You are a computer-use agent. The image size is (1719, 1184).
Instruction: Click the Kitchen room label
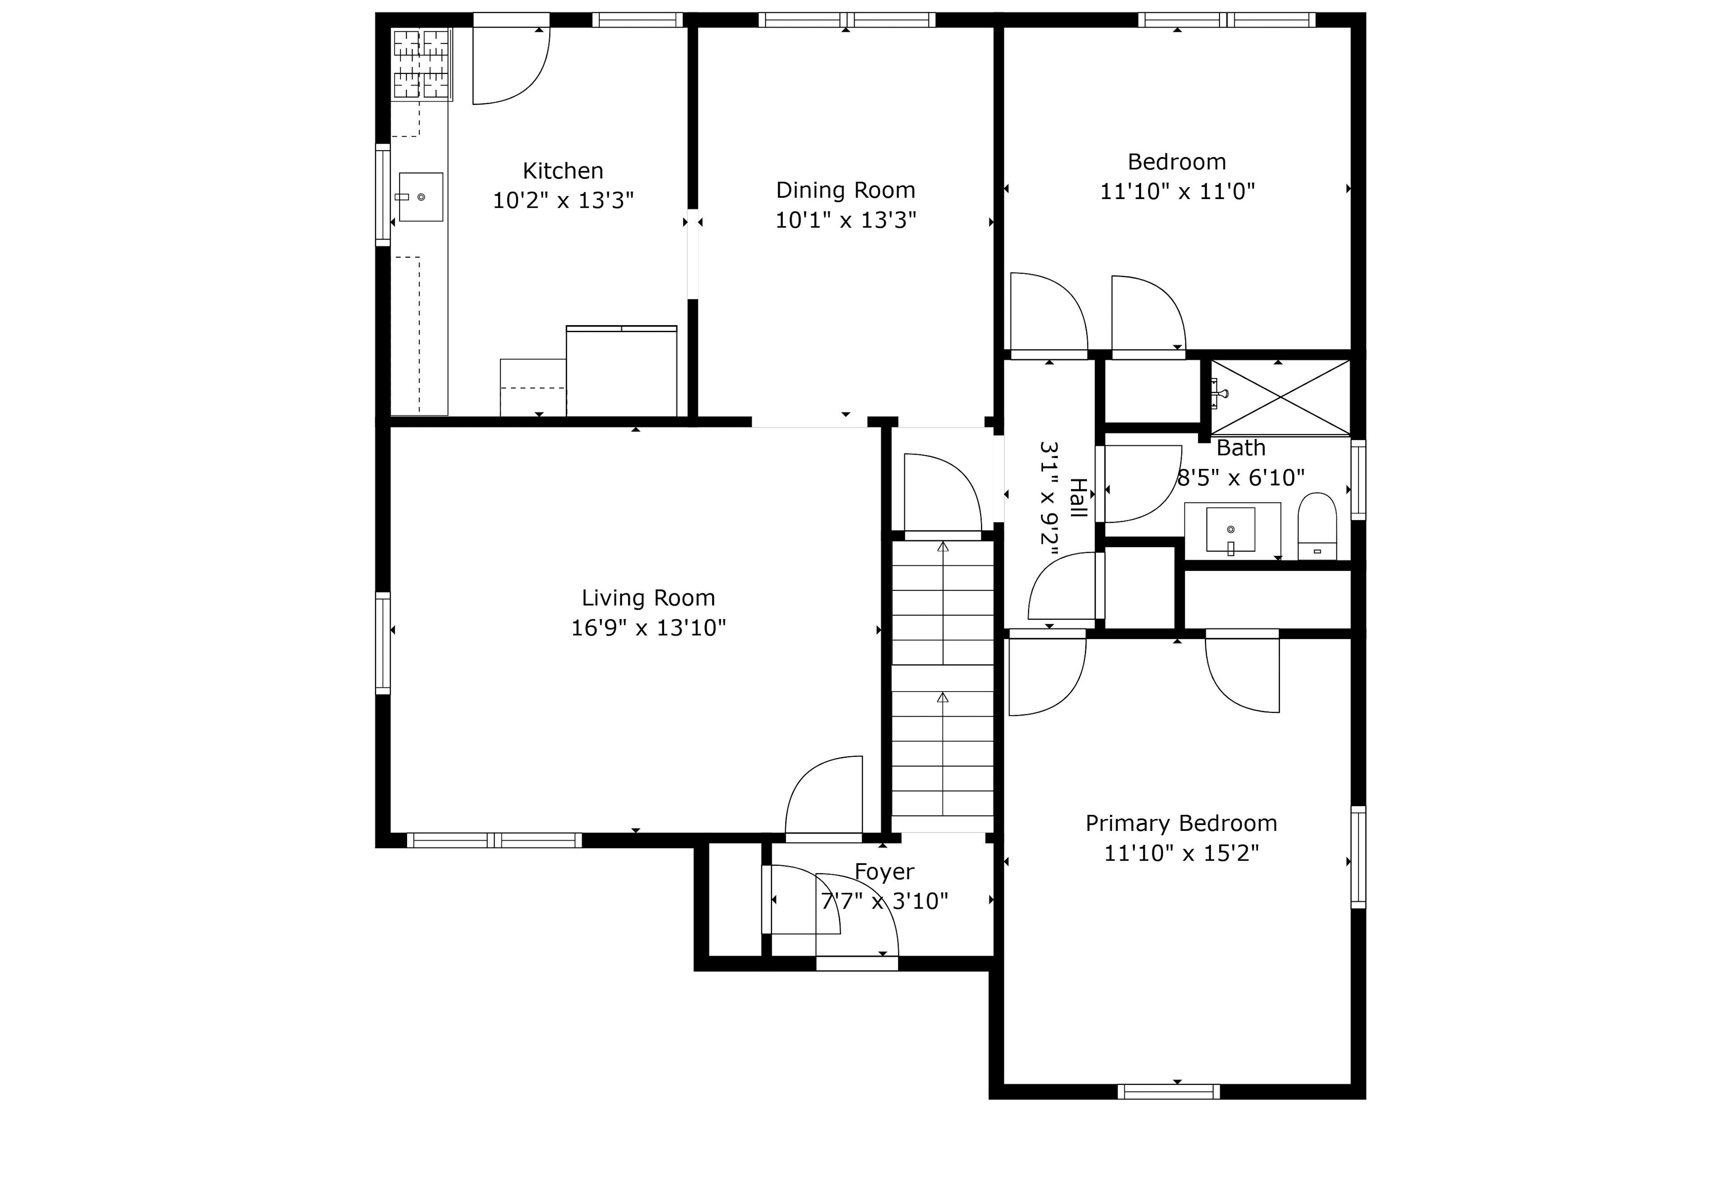pyautogui.click(x=563, y=171)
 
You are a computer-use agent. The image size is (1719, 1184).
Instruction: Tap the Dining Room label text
pyautogui.click(x=845, y=191)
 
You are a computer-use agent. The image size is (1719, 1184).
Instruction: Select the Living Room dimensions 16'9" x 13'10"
pyautogui.click(x=648, y=629)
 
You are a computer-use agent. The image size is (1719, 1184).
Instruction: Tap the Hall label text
pyautogui.click(x=1078, y=498)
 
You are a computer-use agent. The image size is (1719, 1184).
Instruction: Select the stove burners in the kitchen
pyautogui.click(x=421, y=65)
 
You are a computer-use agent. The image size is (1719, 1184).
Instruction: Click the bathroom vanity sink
pyautogui.click(x=1230, y=530)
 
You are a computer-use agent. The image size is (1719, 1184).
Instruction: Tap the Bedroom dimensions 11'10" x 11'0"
pyautogui.click(x=1177, y=191)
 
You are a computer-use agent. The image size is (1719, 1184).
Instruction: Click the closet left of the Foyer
pyautogui.click(x=735, y=899)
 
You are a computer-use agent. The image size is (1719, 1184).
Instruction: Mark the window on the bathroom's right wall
pyautogui.click(x=1358, y=479)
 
